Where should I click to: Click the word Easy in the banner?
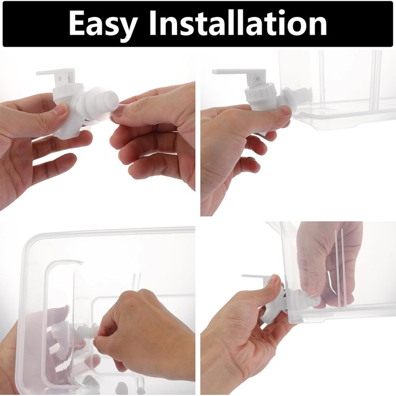pyautogui.click(x=103, y=24)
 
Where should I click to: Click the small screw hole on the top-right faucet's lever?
pyautogui.click(x=257, y=79)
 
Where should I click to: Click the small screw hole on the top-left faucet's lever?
pyautogui.click(x=59, y=79)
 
